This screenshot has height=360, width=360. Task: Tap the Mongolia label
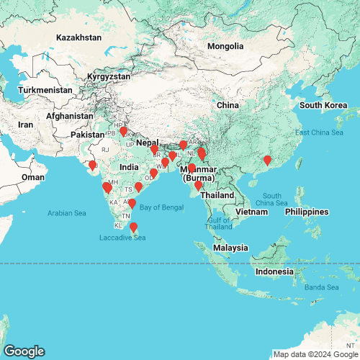(x=225, y=47)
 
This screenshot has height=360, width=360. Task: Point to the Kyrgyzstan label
(x=109, y=76)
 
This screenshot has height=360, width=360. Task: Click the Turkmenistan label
(x=45, y=90)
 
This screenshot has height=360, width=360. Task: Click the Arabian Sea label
(x=66, y=213)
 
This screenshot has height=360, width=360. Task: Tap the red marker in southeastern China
(x=267, y=161)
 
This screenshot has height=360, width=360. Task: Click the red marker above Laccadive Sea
(x=133, y=228)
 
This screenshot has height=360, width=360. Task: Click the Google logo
(x=23, y=351)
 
